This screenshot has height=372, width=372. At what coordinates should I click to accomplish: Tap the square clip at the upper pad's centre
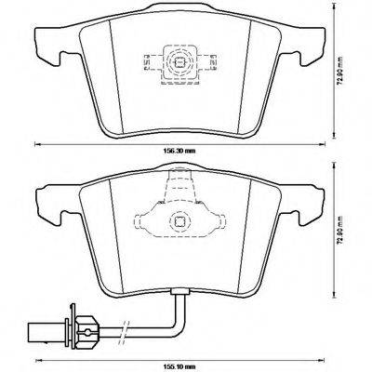click(x=180, y=64)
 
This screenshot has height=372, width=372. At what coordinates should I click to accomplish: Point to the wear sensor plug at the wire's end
click(x=86, y=327)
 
